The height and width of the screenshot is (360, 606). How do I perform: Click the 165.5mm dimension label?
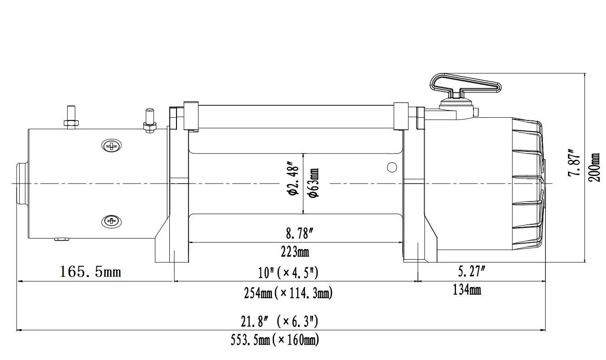90,271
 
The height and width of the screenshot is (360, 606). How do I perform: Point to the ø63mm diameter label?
314,184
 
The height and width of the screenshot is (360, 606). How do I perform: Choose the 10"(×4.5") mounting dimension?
288,272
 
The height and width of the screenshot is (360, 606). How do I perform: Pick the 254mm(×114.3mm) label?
288,293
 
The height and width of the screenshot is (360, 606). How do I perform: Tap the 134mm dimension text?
467,290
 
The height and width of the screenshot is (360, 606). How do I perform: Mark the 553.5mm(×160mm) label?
275,340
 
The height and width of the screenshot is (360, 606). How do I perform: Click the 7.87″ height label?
575,162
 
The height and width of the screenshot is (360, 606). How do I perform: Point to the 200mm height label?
594,167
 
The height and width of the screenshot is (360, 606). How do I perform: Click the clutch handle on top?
464,85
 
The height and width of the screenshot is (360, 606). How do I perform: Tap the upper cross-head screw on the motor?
112,146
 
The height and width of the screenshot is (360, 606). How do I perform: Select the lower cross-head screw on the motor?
112,221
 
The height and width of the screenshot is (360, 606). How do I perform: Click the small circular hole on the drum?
392,167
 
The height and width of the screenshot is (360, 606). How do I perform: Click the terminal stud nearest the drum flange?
149,121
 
